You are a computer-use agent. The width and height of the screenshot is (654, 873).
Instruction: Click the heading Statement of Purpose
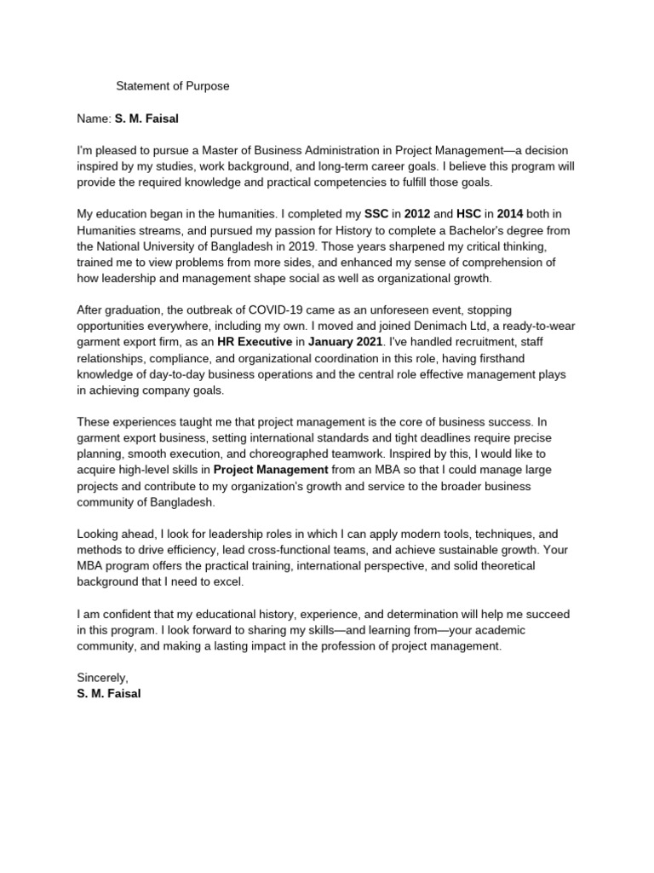173,86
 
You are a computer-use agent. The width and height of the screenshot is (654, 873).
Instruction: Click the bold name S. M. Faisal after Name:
146,118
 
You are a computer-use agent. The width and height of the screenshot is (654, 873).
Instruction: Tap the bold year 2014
509,215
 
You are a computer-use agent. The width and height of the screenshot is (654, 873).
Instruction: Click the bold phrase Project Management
270,470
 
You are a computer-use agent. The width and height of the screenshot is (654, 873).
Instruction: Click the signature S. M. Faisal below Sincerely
109,694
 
